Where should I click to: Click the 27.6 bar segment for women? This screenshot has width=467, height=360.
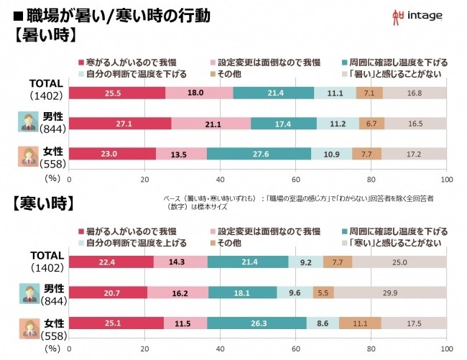pos(259,153)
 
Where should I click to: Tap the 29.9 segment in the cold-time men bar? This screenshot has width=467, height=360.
pos(390,292)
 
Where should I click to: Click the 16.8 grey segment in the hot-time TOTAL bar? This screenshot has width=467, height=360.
pos(415,93)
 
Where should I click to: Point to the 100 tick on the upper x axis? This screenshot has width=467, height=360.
pos(446,179)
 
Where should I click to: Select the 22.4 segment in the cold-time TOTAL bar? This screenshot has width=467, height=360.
pos(112,262)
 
